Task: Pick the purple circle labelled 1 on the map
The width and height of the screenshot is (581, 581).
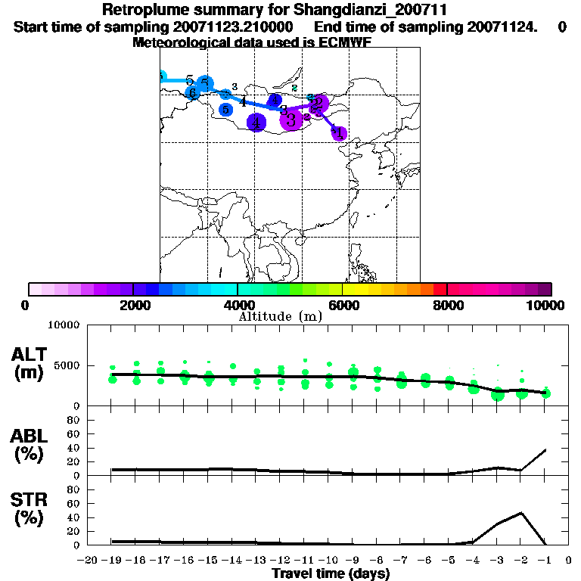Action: tap(339, 133)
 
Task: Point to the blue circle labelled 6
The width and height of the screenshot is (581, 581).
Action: tap(193, 93)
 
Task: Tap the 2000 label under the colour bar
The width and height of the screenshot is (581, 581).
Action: tap(133, 305)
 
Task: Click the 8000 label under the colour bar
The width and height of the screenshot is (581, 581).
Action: tap(447, 305)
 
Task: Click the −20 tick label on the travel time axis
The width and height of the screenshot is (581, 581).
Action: tap(88, 560)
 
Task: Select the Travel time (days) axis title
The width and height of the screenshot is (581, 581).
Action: tap(331, 573)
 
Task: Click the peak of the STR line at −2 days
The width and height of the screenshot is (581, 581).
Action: tap(521, 513)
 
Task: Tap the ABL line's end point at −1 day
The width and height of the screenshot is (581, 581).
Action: tap(545, 450)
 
